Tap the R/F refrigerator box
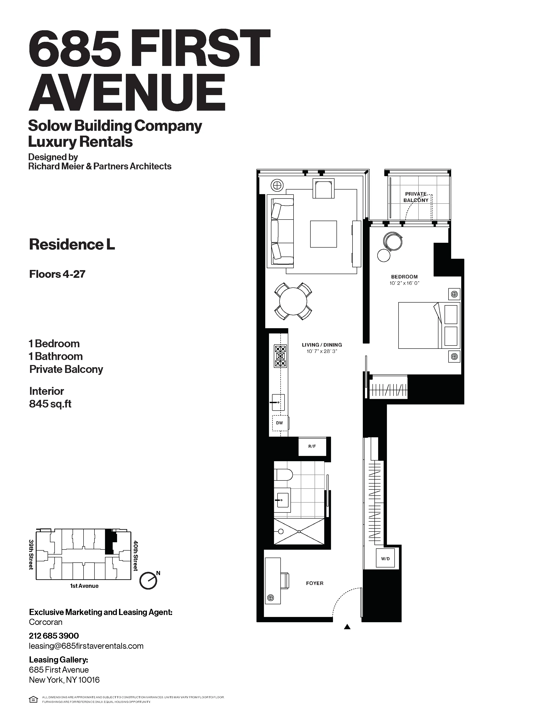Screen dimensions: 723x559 click(x=312, y=447)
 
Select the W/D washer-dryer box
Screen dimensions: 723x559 click(x=385, y=558)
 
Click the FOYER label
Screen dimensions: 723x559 click(x=315, y=583)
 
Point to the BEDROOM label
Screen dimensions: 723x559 click(x=404, y=277)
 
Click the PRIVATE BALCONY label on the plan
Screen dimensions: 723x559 click(x=416, y=197)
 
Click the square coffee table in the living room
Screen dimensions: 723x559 click(x=323, y=234)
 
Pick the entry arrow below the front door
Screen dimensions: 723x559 click(x=347, y=626)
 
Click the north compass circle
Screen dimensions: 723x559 click(x=148, y=581)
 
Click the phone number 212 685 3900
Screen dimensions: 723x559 click(x=54, y=636)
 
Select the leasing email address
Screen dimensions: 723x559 click(x=86, y=646)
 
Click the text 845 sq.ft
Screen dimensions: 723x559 click(x=50, y=404)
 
